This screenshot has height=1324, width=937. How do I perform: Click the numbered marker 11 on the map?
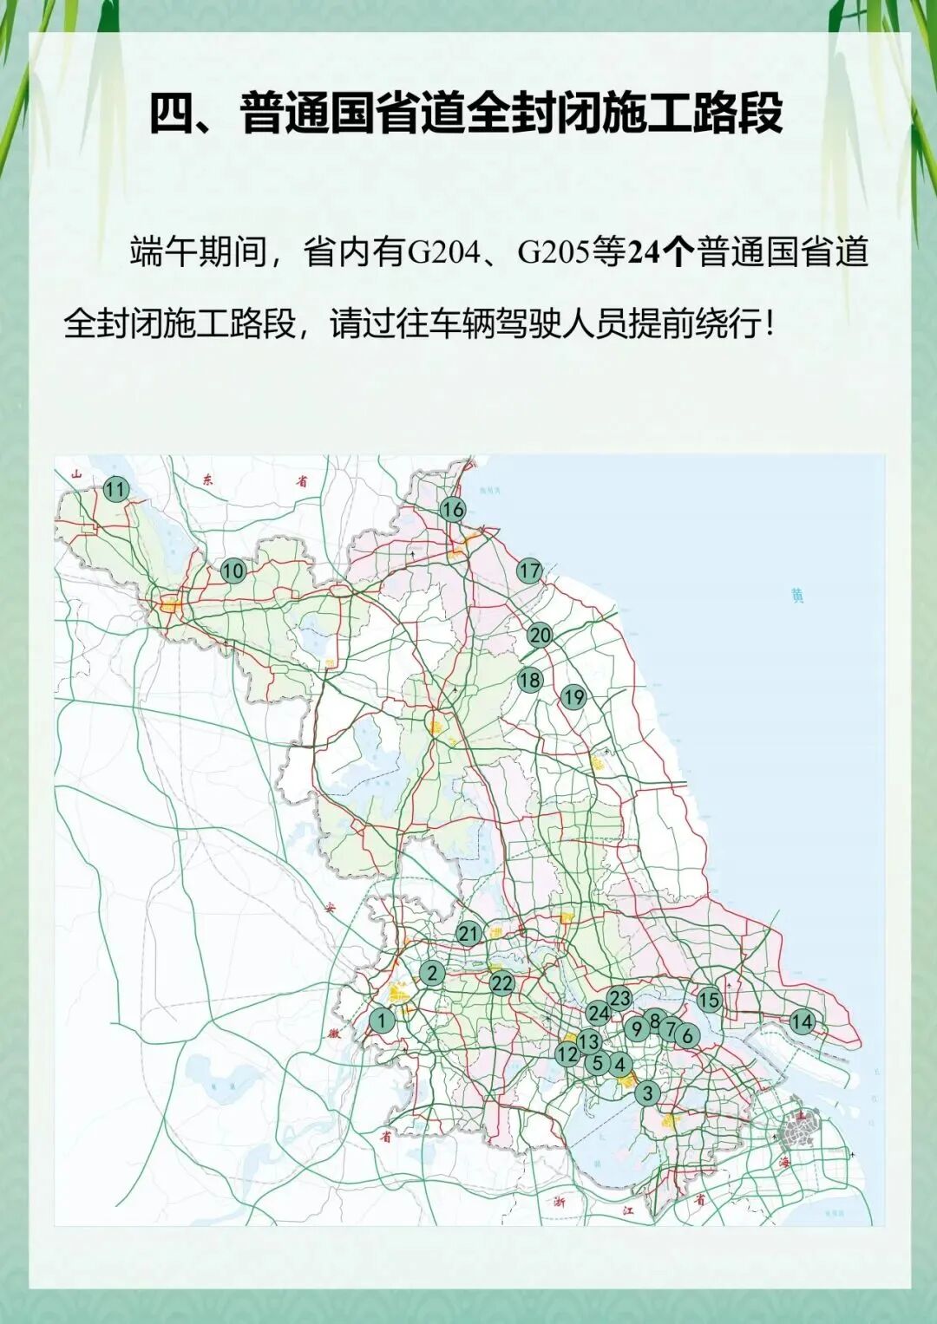pyautogui.click(x=115, y=489)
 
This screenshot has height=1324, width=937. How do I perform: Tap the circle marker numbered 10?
pyautogui.click(x=233, y=571)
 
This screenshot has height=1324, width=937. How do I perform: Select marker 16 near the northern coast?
pyautogui.click(x=452, y=509)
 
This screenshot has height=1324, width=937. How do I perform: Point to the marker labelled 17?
pyautogui.click(x=529, y=571)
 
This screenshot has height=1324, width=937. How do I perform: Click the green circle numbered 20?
pyautogui.click(x=540, y=636)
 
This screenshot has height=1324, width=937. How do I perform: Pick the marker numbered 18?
pyautogui.click(x=529, y=680)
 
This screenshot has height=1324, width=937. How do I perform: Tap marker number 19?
pyautogui.click(x=573, y=697)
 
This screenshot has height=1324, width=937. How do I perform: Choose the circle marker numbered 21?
pyautogui.click(x=468, y=934)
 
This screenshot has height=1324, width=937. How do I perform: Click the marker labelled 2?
pyautogui.click(x=432, y=973)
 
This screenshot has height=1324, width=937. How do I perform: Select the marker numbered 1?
pyautogui.click(x=382, y=1021)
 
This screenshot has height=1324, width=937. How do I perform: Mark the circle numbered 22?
pyautogui.click(x=501, y=983)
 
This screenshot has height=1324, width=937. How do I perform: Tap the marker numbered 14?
pyautogui.click(x=802, y=1022)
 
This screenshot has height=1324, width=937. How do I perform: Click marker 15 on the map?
pyautogui.click(x=709, y=1000)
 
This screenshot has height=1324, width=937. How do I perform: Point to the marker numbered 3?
pyautogui.click(x=647, y=1093)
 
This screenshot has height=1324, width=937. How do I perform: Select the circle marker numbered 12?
pyautogui.click(x=567, y=1054)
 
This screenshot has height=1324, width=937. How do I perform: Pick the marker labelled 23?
pyautogui.click(x=619, y=999)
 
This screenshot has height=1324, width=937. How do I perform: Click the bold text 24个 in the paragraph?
pyautogui.click(x=660, y=252)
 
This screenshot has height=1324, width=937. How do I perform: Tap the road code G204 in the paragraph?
pyautogui.click(x=443, y=252)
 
